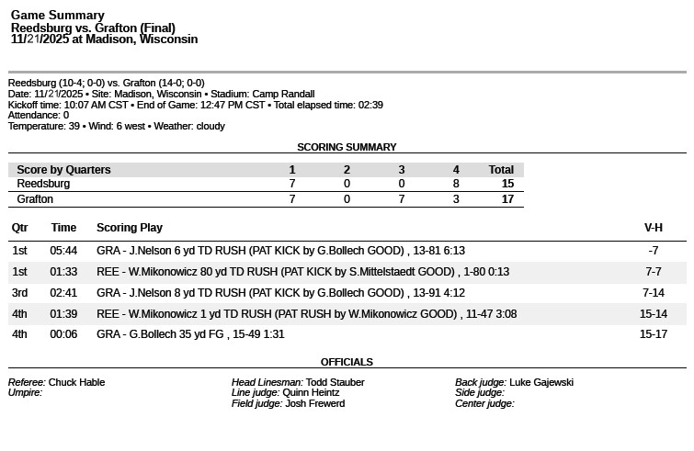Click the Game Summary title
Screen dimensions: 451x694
coord(57,16)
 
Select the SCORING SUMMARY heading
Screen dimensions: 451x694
coord(347,147)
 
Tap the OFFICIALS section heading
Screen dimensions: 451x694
coord(347,362)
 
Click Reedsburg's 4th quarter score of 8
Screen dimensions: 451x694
coord(456,184)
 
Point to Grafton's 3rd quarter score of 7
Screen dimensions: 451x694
coord(402,198)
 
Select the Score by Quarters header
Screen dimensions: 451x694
coord(63,170)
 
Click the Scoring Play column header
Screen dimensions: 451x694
coord(130,228)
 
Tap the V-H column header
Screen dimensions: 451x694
coord(653,228)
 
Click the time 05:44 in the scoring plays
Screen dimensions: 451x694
coord(63,251)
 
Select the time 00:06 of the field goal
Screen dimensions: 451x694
coord(63,334)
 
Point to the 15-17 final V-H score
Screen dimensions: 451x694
coord(653,334)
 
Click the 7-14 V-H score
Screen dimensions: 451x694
coord(653,293)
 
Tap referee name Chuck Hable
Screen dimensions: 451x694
coord(76,382)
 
